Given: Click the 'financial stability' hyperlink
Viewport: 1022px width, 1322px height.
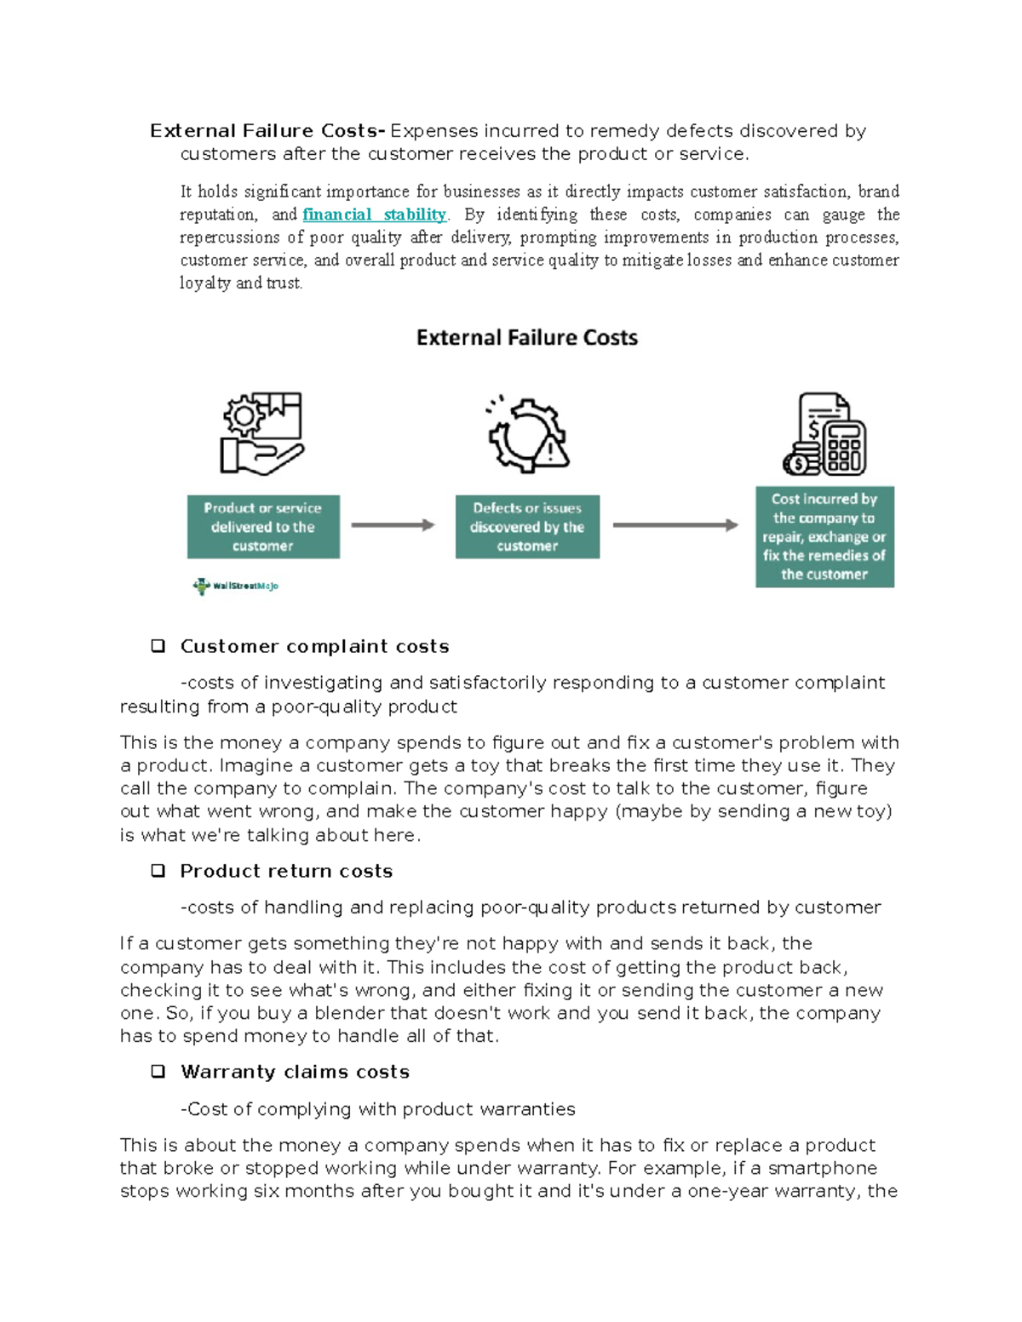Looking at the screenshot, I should (x=375, y=215).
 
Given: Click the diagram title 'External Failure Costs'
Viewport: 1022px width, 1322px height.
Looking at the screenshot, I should (x=526, y=338).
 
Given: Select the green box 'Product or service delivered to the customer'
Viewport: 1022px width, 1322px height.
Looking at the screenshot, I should (x=263, y=527).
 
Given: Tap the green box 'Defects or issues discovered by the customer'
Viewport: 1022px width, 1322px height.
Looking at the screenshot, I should (x=527, y=527).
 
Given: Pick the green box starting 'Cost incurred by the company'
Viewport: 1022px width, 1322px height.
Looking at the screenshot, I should (x=824, y=536).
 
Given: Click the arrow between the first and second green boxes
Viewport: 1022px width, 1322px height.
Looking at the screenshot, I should (x=393, y=525).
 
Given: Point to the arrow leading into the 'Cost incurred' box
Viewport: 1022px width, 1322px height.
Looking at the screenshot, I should (x=675, y=525).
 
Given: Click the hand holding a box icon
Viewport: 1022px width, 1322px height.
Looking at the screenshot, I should (x=261, y=433).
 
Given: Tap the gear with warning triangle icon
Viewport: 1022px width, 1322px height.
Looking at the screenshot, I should (x=528, y=435).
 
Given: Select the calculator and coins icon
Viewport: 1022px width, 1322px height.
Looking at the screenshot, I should (x=824, y=434).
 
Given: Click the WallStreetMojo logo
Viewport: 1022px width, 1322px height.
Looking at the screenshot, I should (x=236, y=586).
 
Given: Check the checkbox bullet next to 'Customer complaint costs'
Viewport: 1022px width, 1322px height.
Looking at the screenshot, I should (x=158, y=646).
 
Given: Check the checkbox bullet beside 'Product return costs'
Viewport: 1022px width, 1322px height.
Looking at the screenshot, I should (x=158, y=871).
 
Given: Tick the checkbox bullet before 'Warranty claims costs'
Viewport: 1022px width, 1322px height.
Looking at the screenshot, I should (x=158, y=1072).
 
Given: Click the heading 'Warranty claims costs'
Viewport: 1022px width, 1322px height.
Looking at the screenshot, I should (x=295, y=1072).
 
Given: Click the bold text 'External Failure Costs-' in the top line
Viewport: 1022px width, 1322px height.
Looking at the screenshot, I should (x=267, y=131).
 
